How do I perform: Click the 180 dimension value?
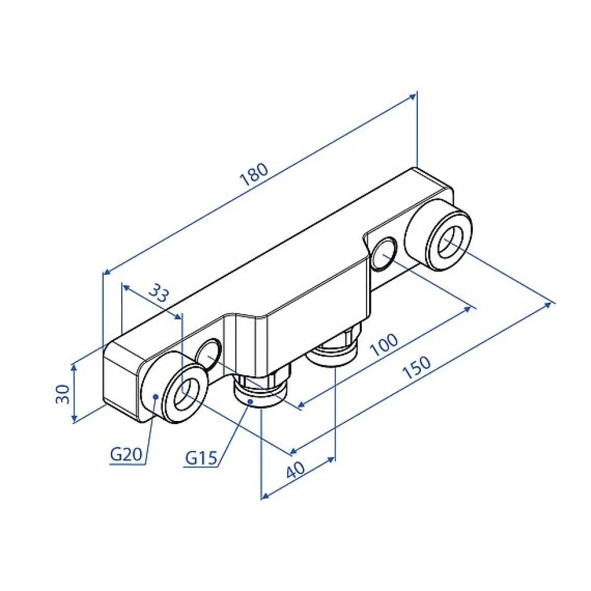click(254, 174)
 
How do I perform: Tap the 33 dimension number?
click(159, 293)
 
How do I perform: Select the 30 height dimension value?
click(63, 394)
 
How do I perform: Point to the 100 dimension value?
click(384, 344)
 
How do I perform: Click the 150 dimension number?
click(417, 367)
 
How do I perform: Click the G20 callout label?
click(126, 454)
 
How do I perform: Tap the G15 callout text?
click(201, 458)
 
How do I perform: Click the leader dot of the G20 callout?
click(155, 396)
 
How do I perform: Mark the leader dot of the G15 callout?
click(250, 402)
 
